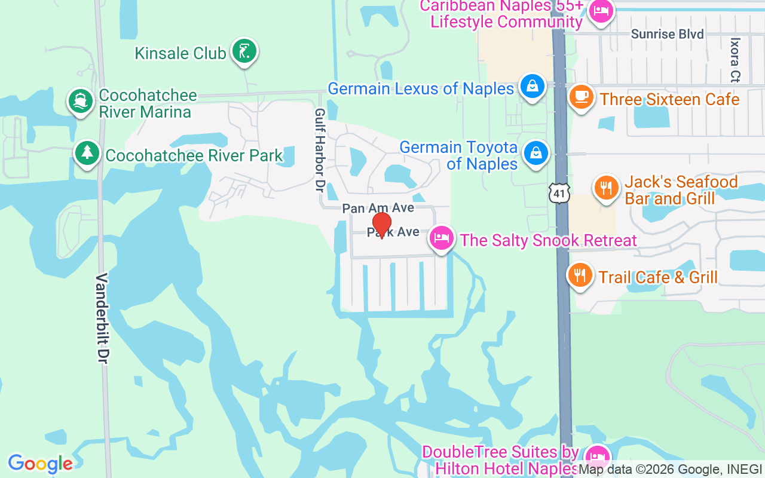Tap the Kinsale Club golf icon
[x=244, y=51]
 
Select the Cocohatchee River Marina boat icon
[x=80, y=101]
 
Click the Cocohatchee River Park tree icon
[x=87, y=154]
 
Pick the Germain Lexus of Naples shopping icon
[x=532, y=87]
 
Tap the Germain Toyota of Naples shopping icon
[x=536, y=154]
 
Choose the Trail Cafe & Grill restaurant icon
[x=580, y=275]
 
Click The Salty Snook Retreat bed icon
[x=442, y=238]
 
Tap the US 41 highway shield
[x=559, y=193]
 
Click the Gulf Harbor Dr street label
[x=320, y=150]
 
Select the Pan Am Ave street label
[x=378, y=208]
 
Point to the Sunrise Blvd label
[x=667, y=34]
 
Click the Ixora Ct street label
[x=735, y=60]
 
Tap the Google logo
[x=41, y=463]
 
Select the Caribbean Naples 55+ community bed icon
[x=600, y=11]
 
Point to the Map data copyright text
[x=669, y=470]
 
